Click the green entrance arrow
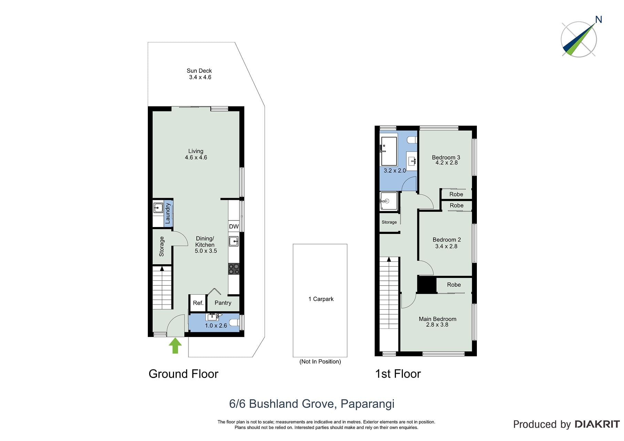175,346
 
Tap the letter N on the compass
599,20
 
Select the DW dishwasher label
234,226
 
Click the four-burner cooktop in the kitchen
234,269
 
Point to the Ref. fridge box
198,303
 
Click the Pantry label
223,303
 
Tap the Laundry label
168,213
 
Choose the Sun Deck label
199,71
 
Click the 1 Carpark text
321,299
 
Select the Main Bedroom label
438,319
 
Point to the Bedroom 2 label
447,240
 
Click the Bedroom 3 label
446,157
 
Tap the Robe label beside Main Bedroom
454,285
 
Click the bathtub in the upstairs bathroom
389,151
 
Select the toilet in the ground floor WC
234,323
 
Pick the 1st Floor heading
398,374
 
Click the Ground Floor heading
183,374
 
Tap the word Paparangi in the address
367,404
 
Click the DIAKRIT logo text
597,424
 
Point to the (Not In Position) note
320,361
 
